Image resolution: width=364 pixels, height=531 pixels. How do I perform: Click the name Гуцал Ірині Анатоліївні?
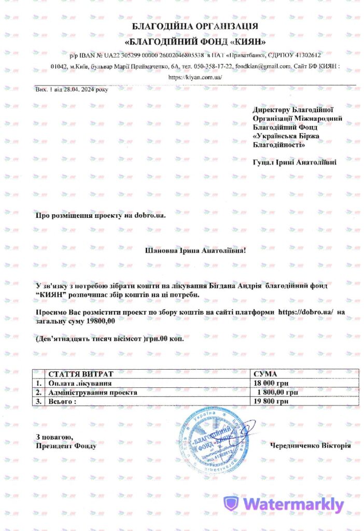coord(294,162)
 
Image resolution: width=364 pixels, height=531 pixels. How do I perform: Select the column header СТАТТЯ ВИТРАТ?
coord(80,374)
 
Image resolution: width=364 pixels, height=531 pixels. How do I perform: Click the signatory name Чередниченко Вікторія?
coord(310,445)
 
